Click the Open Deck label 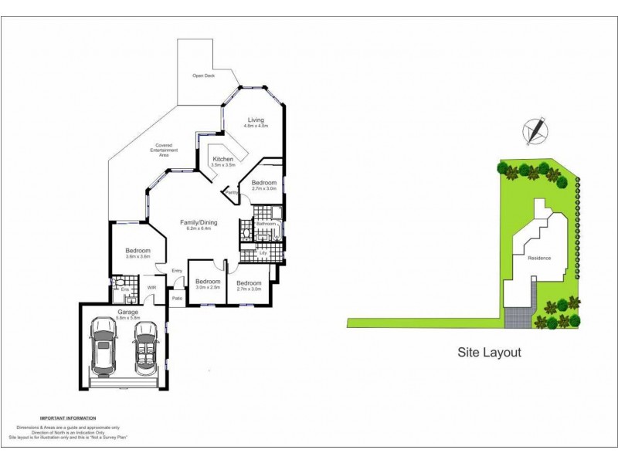click(x=203, y=76)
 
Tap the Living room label click(x=256, y=120)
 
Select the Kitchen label click(x=222, y=159)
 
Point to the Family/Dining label click(x=199, y=222)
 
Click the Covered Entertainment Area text click(x=163, y=150)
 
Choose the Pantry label click(x=231, y=192)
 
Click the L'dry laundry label click(x=263, y=253)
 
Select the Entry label click(x=177, y=270)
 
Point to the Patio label click(x=177, y=298)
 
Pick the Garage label click(x=127, y=312)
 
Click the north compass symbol click(x=534, y=130)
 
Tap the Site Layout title click(x=489, y=353)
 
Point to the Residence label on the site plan click(x=539, y=258)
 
